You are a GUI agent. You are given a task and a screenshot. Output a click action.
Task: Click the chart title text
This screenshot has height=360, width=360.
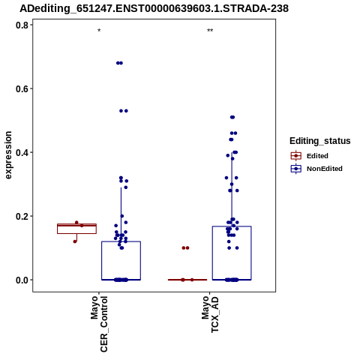[154, 9]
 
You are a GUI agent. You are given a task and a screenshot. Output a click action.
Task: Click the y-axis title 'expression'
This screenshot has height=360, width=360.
[8, 155]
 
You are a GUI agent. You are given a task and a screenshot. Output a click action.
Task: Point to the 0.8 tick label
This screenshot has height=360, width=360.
[22, 25]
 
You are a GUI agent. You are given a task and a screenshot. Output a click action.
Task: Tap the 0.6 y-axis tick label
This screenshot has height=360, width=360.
[22, 88]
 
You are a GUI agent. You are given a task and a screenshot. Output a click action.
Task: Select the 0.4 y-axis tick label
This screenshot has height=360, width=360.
[22, 152]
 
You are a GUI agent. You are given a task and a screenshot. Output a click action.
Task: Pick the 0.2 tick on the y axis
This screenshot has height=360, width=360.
[22, 216]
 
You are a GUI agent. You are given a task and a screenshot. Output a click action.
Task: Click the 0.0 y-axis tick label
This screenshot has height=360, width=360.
[22, 280]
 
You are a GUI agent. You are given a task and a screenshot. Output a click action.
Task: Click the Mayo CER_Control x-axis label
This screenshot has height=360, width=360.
[99, 324]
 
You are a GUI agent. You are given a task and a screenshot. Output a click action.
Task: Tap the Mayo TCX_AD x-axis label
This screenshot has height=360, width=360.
[210, 314]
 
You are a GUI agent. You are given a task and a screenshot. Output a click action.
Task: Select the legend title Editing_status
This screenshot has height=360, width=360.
[320, 141]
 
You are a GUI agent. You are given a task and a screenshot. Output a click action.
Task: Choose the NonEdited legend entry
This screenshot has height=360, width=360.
[316, 169]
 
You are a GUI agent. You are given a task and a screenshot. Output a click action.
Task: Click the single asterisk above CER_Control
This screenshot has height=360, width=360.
[99, 31]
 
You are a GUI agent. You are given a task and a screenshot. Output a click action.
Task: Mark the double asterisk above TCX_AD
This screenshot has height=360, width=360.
[210, 31]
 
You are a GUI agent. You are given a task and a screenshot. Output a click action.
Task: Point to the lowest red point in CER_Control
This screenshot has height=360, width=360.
[75, 241]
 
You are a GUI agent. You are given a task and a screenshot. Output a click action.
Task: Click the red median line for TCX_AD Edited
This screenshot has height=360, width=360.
[187, 280]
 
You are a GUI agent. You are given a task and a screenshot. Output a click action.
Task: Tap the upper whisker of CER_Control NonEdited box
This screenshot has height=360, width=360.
[121, 214]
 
